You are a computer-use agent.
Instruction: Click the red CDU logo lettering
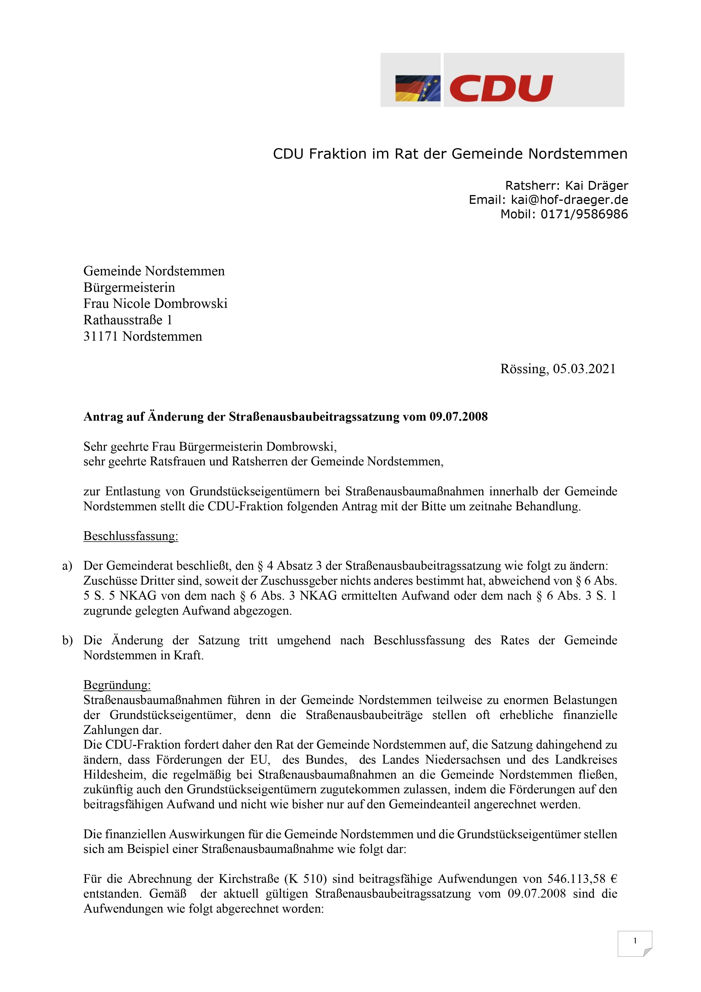point(501,88)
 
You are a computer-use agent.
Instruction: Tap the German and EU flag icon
point(417,88)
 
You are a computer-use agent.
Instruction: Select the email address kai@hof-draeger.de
point(569,200)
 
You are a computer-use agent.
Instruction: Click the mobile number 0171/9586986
point(584,214)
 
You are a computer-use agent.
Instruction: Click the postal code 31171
point(101,336)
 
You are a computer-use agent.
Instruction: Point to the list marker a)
point(67,566)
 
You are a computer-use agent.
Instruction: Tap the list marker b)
point(67,640)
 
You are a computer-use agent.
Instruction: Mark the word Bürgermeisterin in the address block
point(129,287)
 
